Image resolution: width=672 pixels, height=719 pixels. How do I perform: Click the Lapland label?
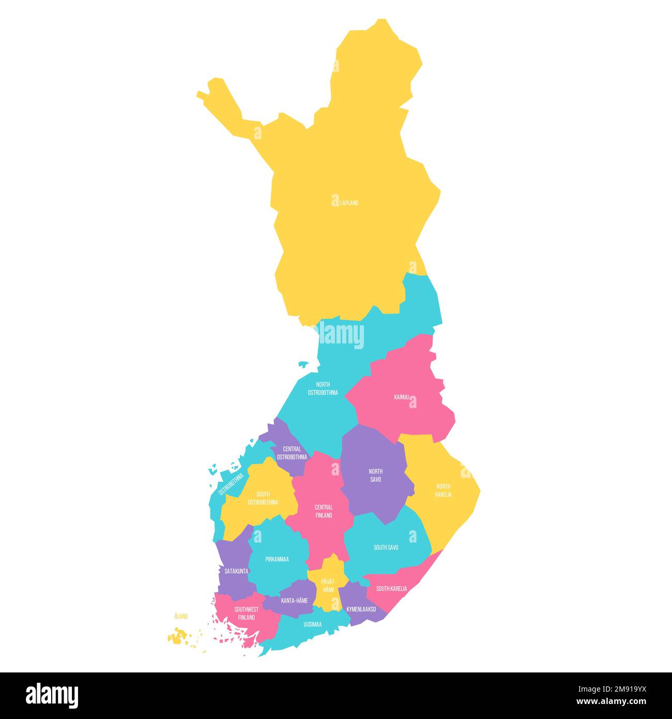tap(349, 203)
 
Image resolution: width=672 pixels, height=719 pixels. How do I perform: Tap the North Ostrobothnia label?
tap(323, 388)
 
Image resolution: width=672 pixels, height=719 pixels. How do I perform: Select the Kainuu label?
tap(401, 397)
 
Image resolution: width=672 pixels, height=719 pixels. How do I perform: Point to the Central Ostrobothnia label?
tap(292, 453)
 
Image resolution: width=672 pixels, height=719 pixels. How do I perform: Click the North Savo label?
tap(375, 475)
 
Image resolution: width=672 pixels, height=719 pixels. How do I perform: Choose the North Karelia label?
tap(443, 490)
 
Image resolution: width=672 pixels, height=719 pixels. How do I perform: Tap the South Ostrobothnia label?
tap(263, 498)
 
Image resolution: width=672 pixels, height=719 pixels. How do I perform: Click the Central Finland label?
tap(324, 511)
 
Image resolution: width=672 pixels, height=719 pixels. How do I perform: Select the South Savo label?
tap(386, 547)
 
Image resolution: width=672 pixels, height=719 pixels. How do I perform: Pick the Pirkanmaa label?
tap(277, 559)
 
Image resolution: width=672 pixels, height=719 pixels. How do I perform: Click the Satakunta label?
tap(236, 571)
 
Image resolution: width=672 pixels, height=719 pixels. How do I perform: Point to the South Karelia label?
tap(391, 589)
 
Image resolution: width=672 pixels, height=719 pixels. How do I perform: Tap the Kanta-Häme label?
tap(294, 601)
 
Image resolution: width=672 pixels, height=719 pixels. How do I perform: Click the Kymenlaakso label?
tap(361, 609)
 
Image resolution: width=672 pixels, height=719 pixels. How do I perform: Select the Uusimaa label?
tap(312, 624)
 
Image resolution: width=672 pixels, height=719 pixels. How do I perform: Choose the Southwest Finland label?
tap(246, 613)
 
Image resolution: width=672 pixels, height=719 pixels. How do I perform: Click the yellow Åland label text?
tap(181, 616)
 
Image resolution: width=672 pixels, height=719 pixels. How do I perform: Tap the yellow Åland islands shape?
tap(178, 637)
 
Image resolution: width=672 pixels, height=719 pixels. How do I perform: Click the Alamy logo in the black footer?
tap(52, 696)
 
